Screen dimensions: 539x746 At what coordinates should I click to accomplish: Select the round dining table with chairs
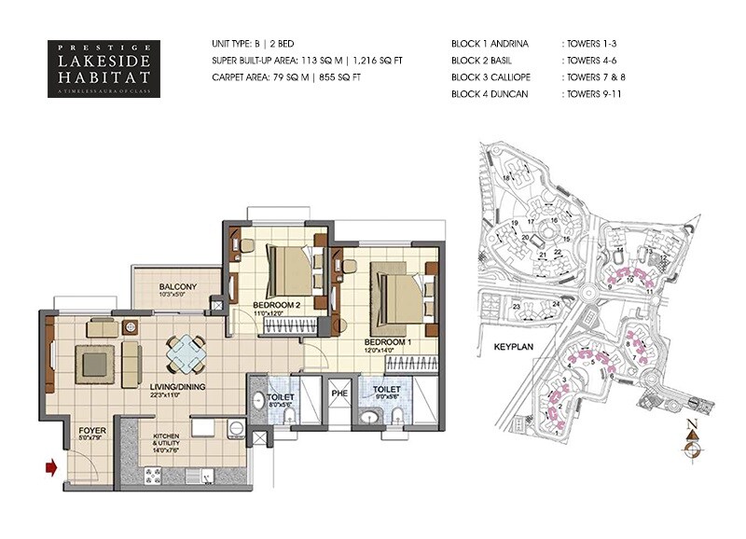click(x=188, y=353)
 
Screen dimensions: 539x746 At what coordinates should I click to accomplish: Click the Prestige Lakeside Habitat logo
click(x=104, y=67)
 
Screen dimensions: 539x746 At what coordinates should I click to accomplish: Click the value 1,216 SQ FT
click(x=383, y=61)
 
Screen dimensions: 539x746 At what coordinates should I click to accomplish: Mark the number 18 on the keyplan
click(x=507, y=177)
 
